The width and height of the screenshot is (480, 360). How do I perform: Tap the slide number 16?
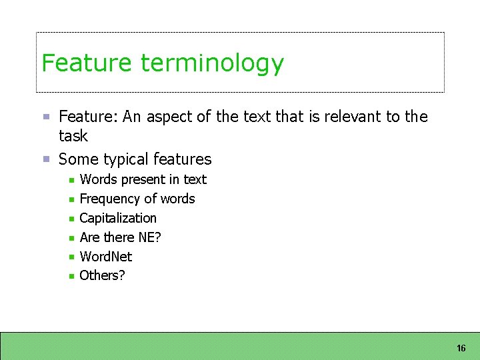tap(461, 349)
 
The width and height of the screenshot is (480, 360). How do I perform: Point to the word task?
tap(73, 136)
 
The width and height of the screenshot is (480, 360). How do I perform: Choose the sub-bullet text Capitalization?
tap(118, 219)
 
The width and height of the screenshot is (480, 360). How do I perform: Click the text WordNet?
tap(106, 257)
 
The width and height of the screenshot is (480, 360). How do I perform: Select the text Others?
tap(102, 276)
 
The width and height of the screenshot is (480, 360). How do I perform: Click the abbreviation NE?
tap(150, 237)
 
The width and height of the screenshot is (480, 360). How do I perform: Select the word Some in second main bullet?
tap(75, 159)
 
